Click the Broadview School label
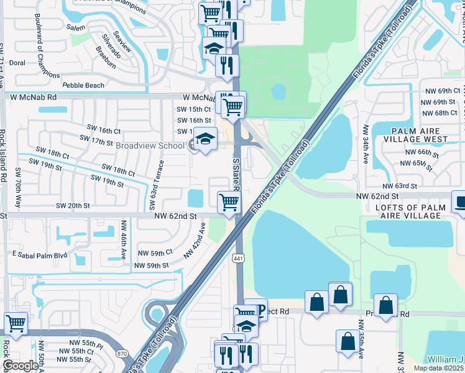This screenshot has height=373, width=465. pyautogui.click(x=151, y=145)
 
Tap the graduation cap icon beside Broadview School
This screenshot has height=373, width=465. pyautogui.click(x=204, y=140)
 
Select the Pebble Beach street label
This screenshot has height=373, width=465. pyautogui.click(x=83, y=85)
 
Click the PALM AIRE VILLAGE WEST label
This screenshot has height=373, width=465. pyautogui.click(x=420, y=136)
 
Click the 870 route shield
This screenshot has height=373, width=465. pyautogui.click(x=121, y=354)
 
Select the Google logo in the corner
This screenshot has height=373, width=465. pyautogui.click(x=21, y=366)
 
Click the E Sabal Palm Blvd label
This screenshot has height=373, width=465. pyautogui.click(x=39, y=255)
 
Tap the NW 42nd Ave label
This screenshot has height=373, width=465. pyautogui.click(x=194, y=244)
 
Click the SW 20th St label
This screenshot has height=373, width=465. pyautogui.click(x=73, y=206)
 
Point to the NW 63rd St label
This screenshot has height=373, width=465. pyautogui.click(x=399, y=186)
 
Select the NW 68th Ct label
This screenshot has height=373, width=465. pyautogui.click(x=439, y=113)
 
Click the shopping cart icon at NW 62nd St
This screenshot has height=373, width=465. pyautogui.click(x=229, y=202)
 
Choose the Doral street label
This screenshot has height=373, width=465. pyautogui.click(x=17, y=63)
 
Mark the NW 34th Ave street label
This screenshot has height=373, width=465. pyautogui.click(x=366, y=144)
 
